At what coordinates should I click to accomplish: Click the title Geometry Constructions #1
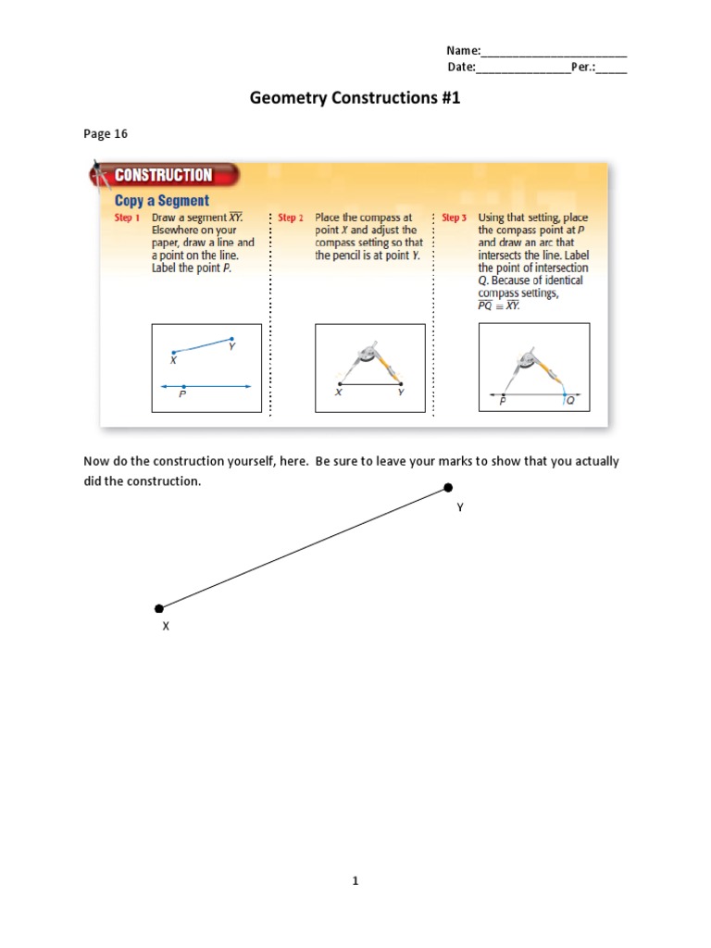tap(355, 97)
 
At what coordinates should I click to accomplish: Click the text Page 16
tap(106, 134)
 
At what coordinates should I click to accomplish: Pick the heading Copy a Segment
tap(161, 200)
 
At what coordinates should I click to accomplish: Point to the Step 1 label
tap(127, 218)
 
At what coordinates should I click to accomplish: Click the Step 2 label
tap(291, 218)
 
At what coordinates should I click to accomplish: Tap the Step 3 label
tap(455, 218)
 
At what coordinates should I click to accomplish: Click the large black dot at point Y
tap(448, 487)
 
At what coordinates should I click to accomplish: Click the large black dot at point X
tap(159, 608)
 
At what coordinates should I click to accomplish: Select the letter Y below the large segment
tap(460, 507)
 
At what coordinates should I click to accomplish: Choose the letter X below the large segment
tap(167, 627)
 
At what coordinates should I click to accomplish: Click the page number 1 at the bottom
tap(355, 882)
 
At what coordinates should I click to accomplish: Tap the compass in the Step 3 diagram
tap(535, 367)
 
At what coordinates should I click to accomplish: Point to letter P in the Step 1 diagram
tap(183, 394)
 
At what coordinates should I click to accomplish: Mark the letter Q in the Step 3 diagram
tap(569, 402)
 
